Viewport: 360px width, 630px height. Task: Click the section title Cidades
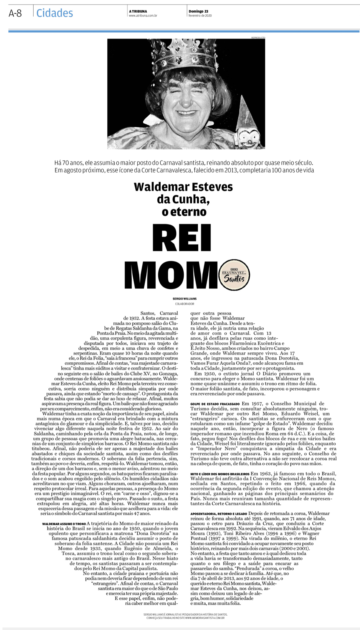(54, 13)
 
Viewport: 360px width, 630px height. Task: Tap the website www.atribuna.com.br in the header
(143, 16)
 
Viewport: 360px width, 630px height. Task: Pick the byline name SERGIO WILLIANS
(184, 299)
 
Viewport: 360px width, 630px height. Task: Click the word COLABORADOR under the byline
(185, 304)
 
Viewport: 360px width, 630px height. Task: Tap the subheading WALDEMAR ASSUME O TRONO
(64, 524)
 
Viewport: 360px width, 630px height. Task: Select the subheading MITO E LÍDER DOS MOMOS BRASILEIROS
(220, 474)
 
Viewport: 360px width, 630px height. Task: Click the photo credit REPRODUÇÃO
(258, 38)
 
